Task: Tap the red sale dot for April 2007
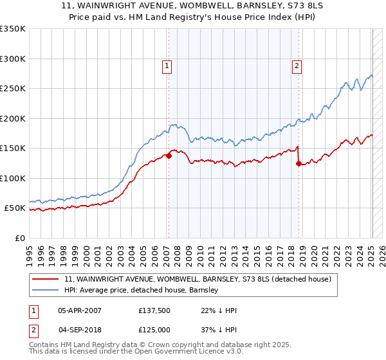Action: point(169,156)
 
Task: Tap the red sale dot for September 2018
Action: point(299,163)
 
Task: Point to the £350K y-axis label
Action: point(12,29)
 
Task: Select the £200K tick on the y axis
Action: point(12,118)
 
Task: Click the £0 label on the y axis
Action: point(19,238)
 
